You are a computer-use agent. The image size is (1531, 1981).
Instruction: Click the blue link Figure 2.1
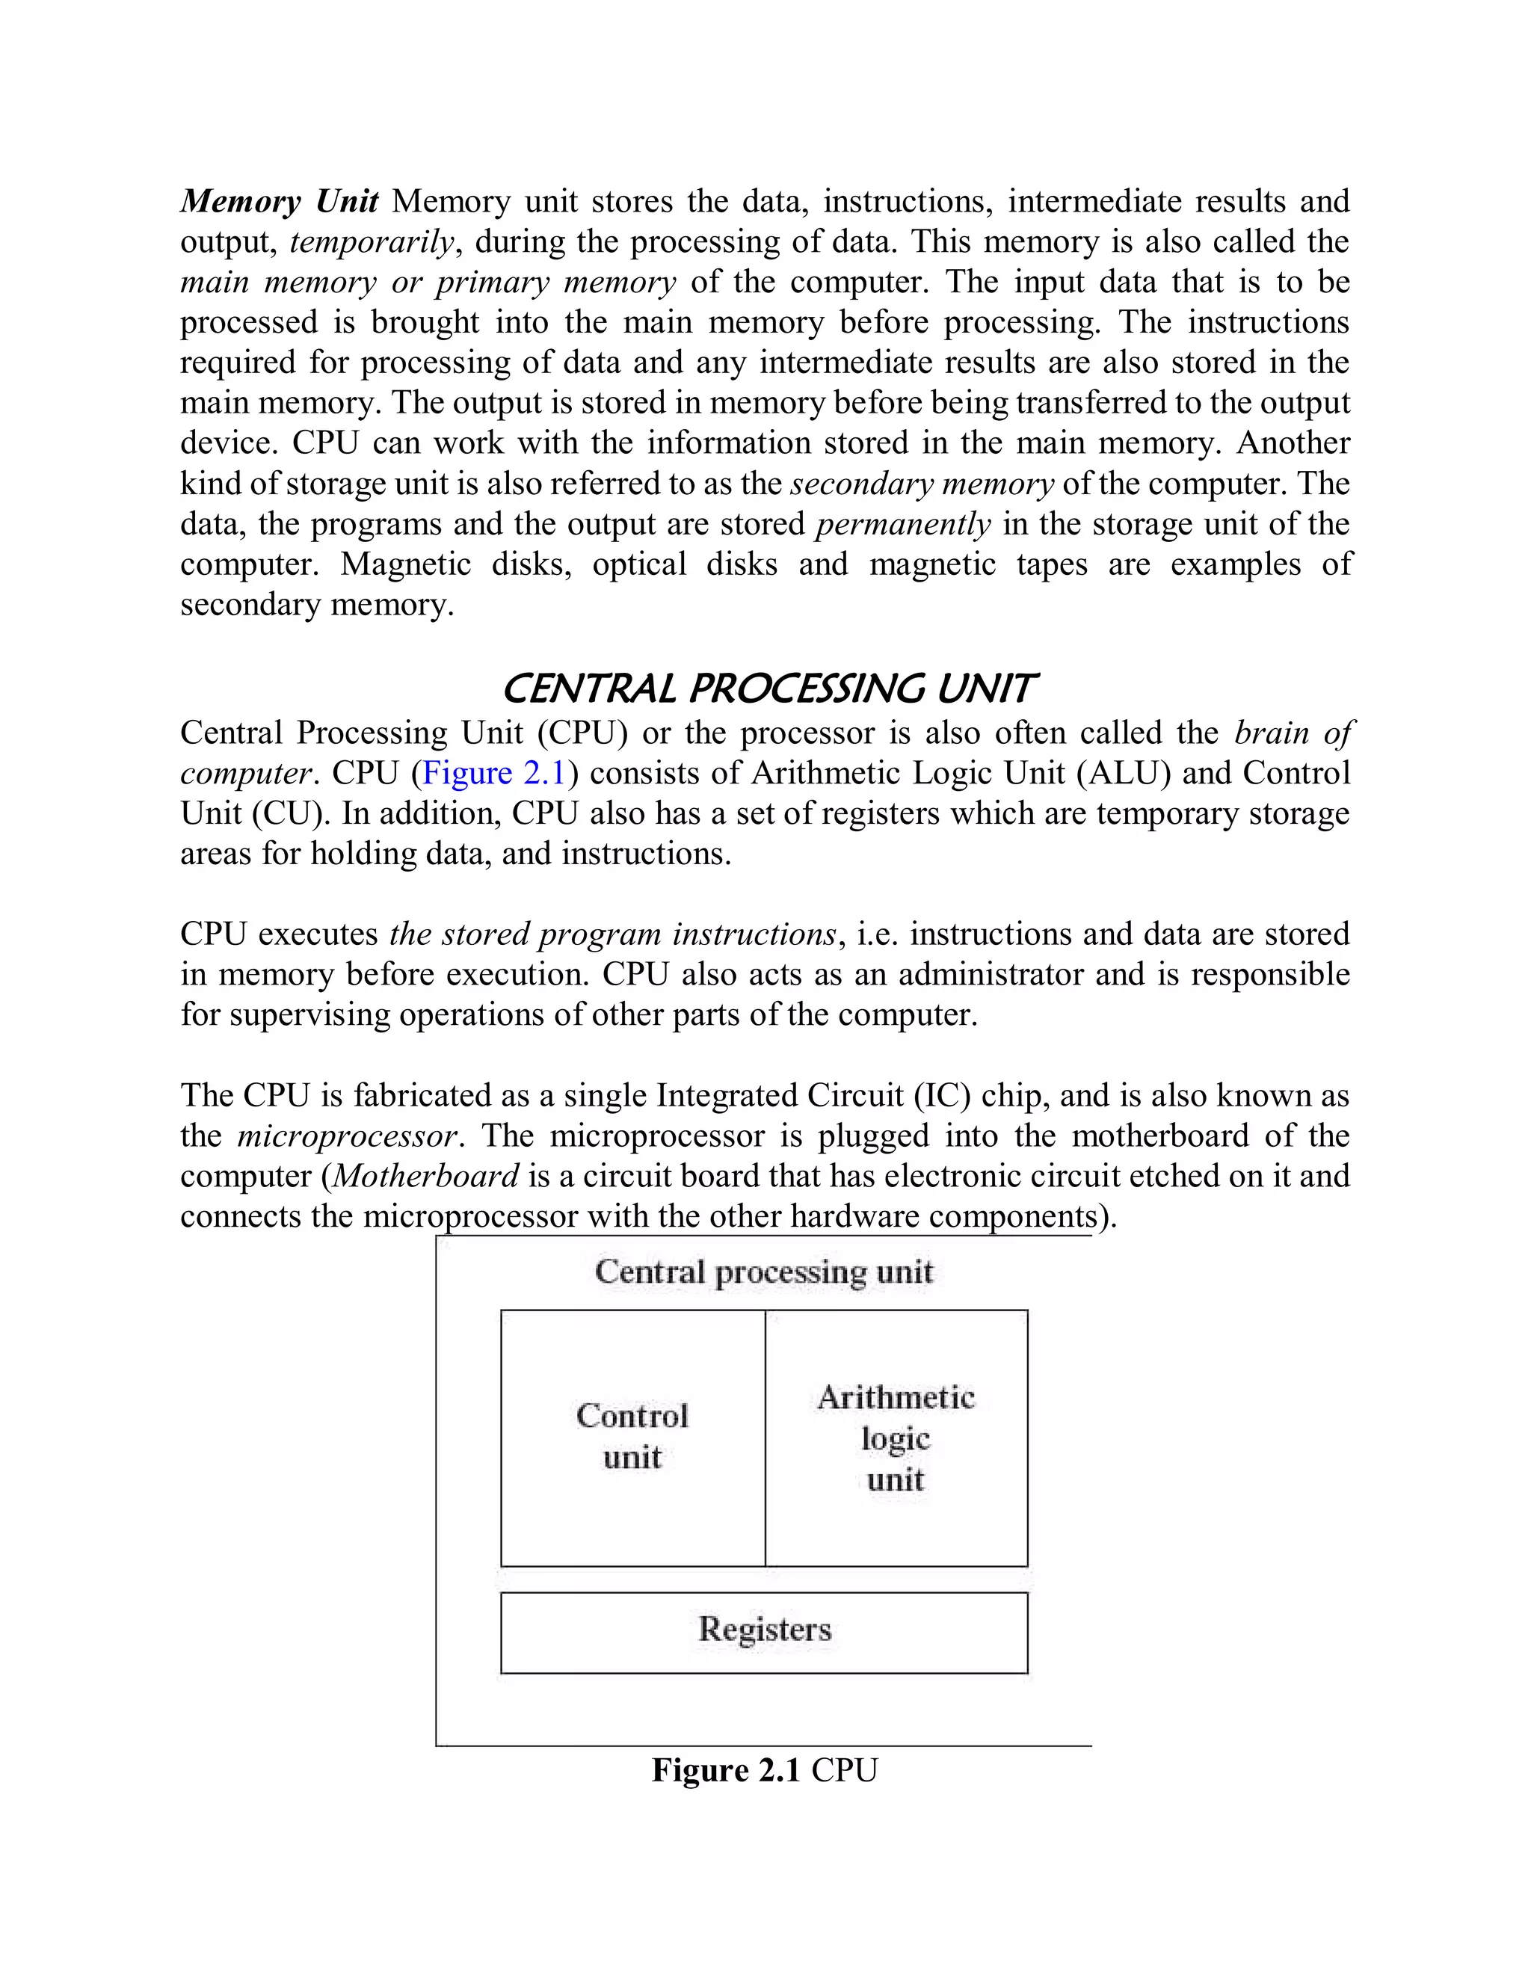point(493,774)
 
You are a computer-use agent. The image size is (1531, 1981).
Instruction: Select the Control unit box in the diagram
point(632,1438)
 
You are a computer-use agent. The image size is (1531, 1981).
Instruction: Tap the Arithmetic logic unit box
point(896,1438)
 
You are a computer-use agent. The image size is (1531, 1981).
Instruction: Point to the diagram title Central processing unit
point(764,1272)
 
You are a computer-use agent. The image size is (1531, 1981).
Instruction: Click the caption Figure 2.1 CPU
point(764,1770)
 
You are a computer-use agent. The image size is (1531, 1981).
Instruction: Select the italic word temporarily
point(371,242)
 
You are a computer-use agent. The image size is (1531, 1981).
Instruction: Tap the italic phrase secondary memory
point(922,484)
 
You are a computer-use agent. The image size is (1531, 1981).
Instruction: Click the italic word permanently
point(903,524)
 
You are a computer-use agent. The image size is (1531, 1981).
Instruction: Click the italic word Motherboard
point(425,1177)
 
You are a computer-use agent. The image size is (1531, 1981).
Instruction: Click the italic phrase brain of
point(1293,733)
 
